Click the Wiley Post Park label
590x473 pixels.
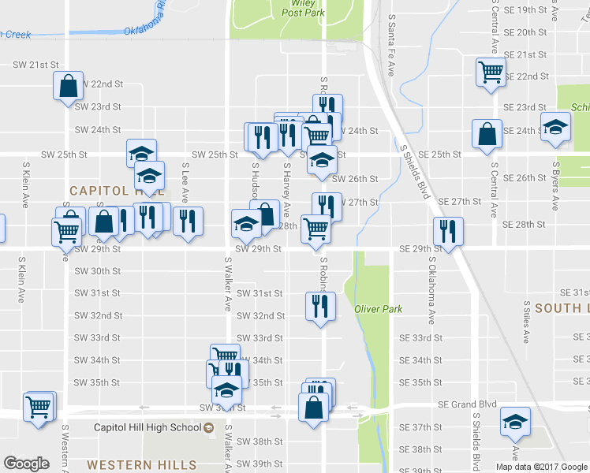pyautogui.click(x=304, y=8)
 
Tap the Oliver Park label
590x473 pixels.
pyautogui.click(x=373, y=308)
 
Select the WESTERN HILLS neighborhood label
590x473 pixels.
pyautogui.click(x=130, y=465)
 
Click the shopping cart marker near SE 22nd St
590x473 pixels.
pyautogui.click(x=491, y=73)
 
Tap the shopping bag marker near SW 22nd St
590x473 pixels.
pyautogui.click(x=69, y=85)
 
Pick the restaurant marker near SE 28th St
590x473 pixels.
pyautogui.click(x=448, y=232)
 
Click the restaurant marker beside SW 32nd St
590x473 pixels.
pyautogui.click(x=320, y=306)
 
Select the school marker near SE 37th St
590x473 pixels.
pyautogui.click(x=515, y=423)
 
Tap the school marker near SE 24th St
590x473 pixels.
pyautogui.click(x=556, y=128)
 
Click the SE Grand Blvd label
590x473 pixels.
pyautogui.click(x=468, y=404)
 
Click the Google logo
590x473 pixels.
pyautogui.click(x=26, y=464)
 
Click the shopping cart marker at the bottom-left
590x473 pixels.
pyautogui.click(x=38, y=408)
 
